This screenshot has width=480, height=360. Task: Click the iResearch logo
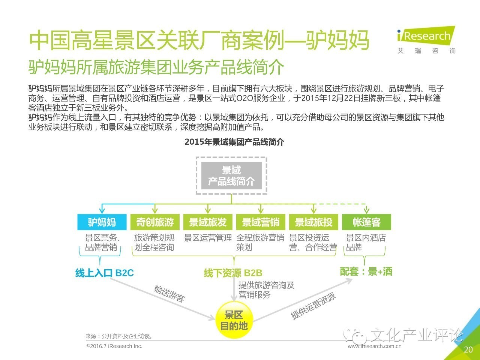426,40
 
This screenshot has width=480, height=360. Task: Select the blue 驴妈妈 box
102,222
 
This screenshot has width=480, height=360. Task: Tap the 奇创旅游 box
155,222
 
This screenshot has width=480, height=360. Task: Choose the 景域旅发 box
208,222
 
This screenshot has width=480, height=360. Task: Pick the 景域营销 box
261,222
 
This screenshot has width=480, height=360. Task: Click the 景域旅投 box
313,222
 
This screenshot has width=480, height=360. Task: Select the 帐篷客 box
366,222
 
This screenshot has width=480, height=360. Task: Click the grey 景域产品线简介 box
231,175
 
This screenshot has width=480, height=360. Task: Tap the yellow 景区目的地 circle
234,320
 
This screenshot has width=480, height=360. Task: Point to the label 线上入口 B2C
105,273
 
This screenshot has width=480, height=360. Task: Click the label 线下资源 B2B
233,273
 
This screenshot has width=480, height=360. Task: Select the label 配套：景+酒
366,271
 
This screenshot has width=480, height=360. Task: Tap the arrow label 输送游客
169,294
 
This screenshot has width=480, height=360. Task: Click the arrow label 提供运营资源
313,306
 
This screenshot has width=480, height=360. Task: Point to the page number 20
468,350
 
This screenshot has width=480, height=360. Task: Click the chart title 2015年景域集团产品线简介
234,142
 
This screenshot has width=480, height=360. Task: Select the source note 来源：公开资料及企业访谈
119,336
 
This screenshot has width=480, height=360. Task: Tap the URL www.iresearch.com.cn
375,346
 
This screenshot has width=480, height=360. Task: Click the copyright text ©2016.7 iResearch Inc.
114,346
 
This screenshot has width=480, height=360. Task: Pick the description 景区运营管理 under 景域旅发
208,238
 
